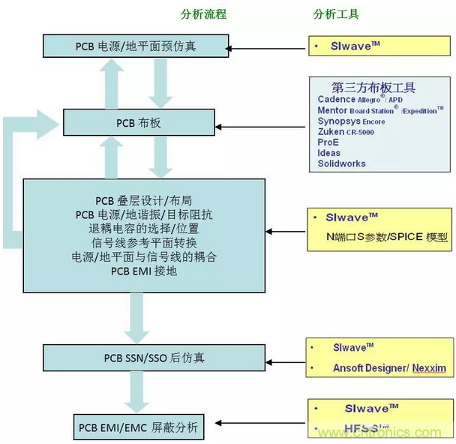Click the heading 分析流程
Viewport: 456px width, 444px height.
[x=203, y=14]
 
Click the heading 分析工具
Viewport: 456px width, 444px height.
[x=335, y=14]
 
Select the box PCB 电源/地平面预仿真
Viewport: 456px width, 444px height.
[x=135, y=46]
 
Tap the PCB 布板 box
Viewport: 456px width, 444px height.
[x=135, y=121]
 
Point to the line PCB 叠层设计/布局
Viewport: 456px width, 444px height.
[x=144, y=200]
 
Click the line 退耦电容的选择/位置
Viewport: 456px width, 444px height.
[x=144, y=228]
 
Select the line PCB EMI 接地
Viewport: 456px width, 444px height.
[x=144, y=271]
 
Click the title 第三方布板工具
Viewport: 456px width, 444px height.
[x=373, y=87]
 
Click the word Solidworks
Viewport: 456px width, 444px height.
[x=341, y=163]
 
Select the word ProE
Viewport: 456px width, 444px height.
[x=328, y=142]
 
